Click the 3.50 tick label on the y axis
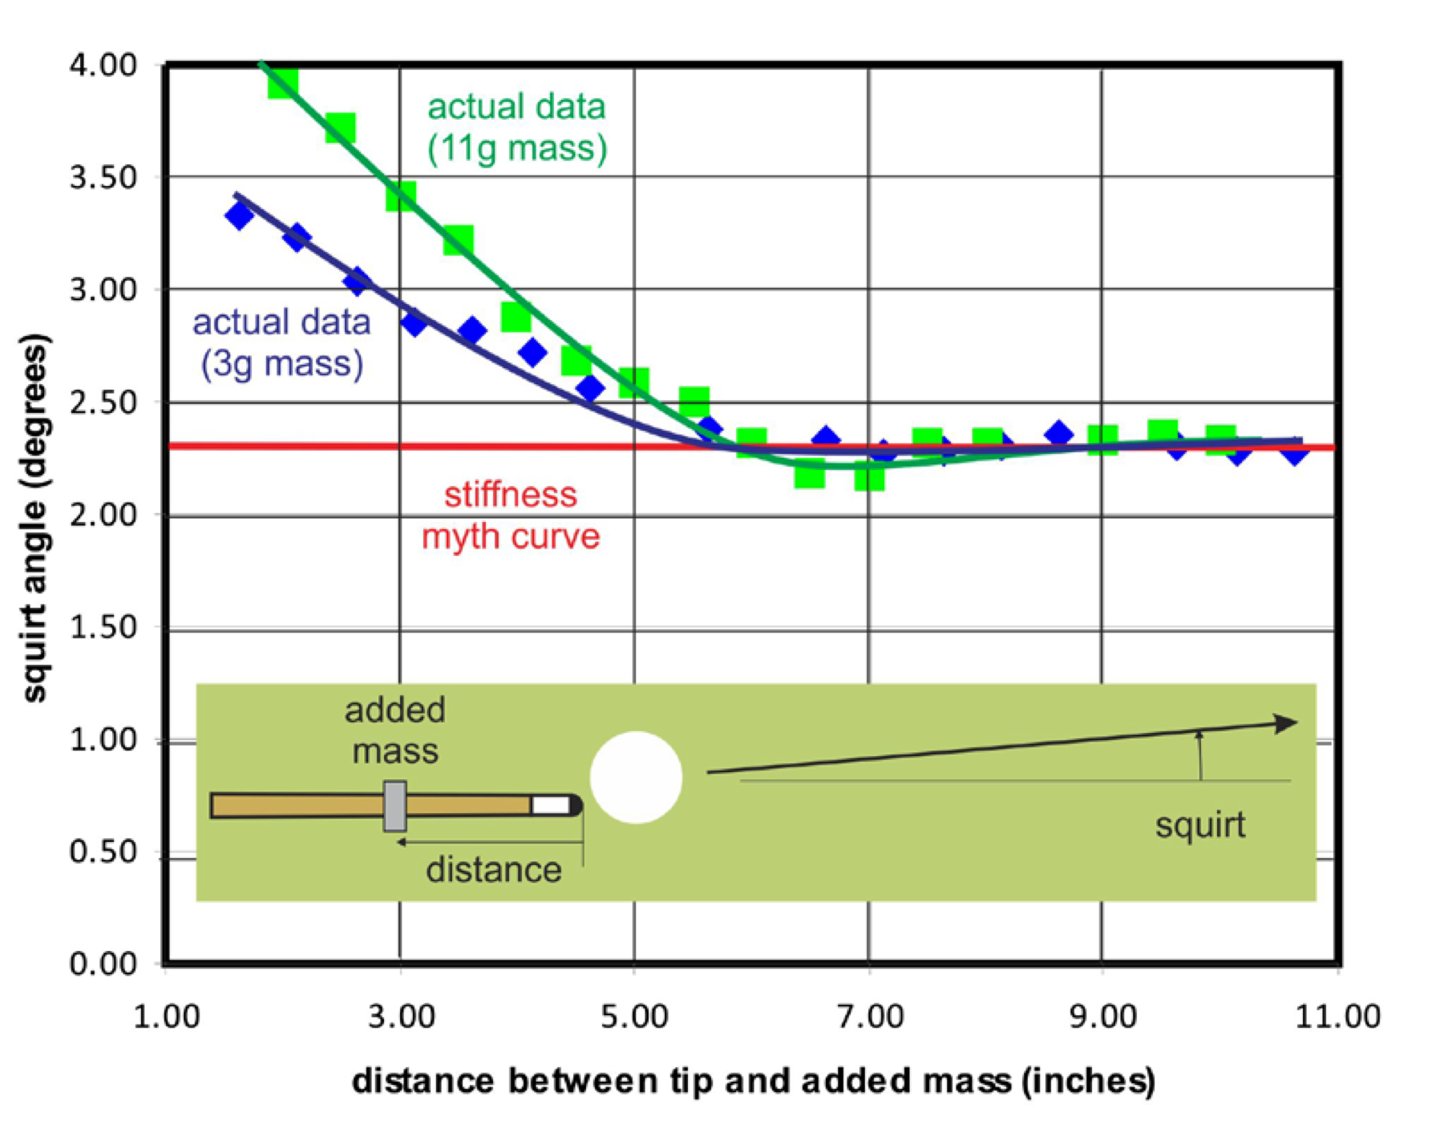coord(103,177)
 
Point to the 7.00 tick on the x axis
coord(869,1016)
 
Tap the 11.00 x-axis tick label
coord(1337,1016)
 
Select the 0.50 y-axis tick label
coord(103,852)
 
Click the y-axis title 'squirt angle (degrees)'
coord(34,517)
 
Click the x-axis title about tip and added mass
coord(754,1081)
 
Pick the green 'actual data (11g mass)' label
coord(516,127)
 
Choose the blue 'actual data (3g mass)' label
coord(281,342)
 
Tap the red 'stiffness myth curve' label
coord(511,515)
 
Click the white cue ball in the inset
coord(636,777)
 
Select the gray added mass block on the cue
coord(394,806)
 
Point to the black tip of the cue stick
coord(576,805)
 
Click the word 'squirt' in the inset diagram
coord(1199,825)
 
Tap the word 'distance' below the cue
coord(493,869)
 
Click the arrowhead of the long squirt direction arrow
coord(1285,723)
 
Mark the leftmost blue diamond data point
coord(239,215)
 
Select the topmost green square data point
coord(282,82)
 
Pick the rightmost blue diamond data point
coord(1294,452)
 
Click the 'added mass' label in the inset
coord(394,730)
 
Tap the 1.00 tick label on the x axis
coord(166,1016)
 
